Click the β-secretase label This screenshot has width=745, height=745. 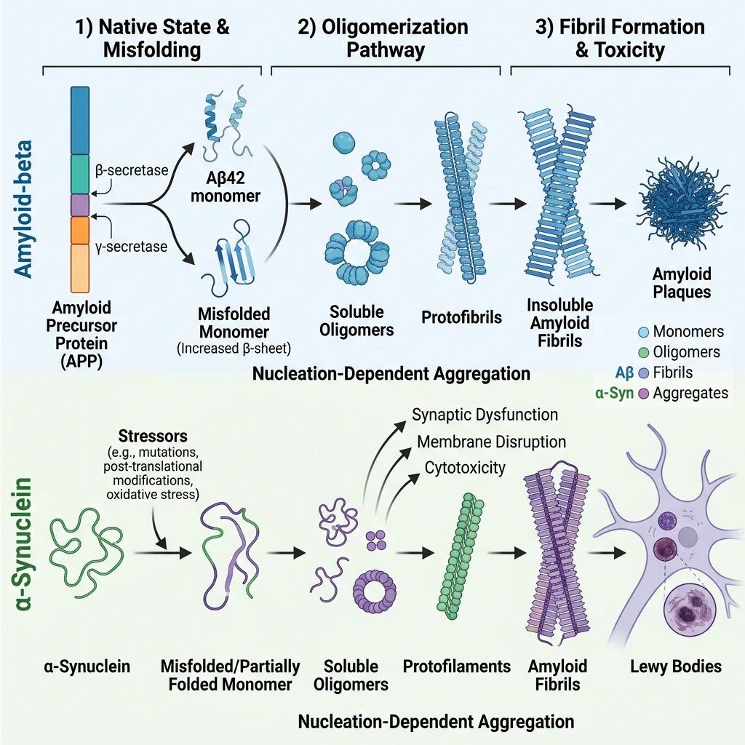click(x=131, y=172)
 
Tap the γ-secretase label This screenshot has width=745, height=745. click(x=131, y=247)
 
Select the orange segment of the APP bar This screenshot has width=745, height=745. click(x=79, y=230)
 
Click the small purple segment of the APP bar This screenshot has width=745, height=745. click(x=79, y=204)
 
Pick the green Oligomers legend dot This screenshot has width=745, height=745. click(x=643, y=352)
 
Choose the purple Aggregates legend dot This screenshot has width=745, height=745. click(x=643, y=393)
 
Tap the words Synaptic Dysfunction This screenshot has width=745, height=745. click(x=485, y=415)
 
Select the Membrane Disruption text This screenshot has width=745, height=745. click(x=491, y=442)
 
